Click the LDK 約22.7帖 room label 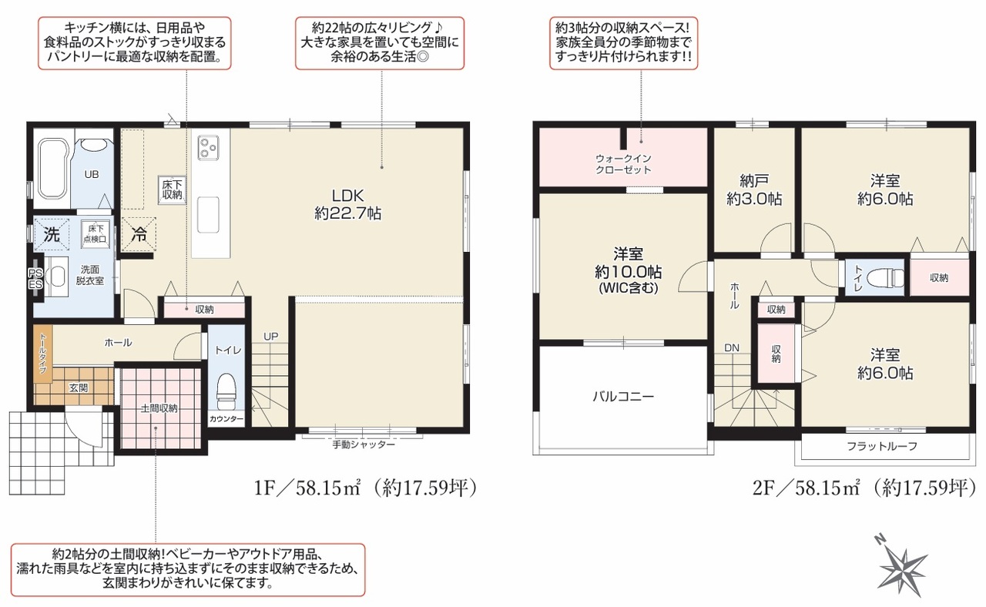click(x=347, y=205)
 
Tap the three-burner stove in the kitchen click(x=208, y=147)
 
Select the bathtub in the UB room click(x=52, y=169)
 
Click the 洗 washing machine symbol click(x=52, y=235)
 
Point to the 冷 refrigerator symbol click(x=139, y=235)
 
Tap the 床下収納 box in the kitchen click(x=172, y=189)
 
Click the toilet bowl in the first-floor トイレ click(x=226, y=391)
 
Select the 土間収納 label click(x=159, y=408)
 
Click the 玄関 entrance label click(x=79, y=387)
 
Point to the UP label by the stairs click(x=270, y=337)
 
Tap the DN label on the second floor click(x=732, y=347)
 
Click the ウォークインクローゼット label click(x=623, y=164)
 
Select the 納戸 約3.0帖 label click(x=754, y=189)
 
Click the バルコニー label click(x=623, y=397)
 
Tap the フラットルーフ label click(x=882, y=446)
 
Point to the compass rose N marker click(x=880, y=540)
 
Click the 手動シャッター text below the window click(x=364, y=444)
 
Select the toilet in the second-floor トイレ click(x=884, y=278)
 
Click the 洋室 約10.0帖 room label click(x=628, y=270)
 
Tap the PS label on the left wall click(x=35, y=273)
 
